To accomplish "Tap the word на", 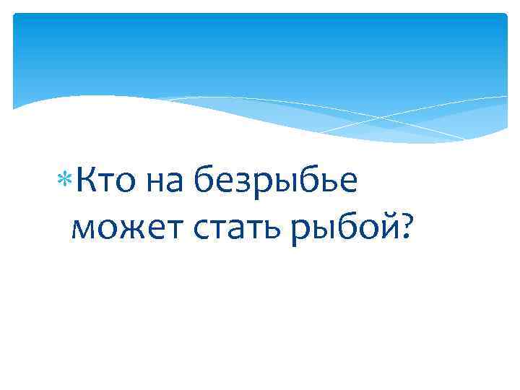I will pyautogui.click(x=165, y=183).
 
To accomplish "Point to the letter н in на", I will pyautogui.click(x=155, y=186).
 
